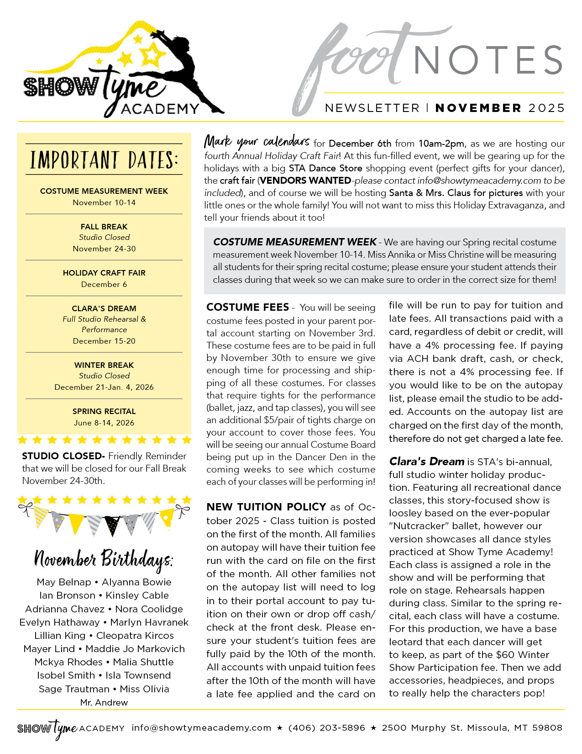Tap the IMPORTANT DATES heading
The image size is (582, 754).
[104, 160]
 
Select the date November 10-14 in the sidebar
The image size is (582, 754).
[104, 202]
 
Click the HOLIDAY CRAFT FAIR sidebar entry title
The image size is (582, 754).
[104, 273]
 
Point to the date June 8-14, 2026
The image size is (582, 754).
[104, 423]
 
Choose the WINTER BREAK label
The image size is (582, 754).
[104, 365]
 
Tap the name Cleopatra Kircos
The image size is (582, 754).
[135, 636]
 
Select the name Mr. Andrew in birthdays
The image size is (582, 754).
[104, 702]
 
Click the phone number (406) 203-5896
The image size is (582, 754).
[327, 727]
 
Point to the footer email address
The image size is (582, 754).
[201, 727]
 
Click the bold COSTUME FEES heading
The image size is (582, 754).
[247, 307]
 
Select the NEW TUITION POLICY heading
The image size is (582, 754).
[266, 507]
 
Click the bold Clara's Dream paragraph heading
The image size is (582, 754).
[426, 462]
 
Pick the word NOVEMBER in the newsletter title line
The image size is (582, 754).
[478, 108]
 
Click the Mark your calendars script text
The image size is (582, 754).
[257, 142]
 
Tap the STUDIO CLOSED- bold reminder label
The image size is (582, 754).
[63, 456]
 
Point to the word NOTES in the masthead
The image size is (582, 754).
[488, 60]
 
